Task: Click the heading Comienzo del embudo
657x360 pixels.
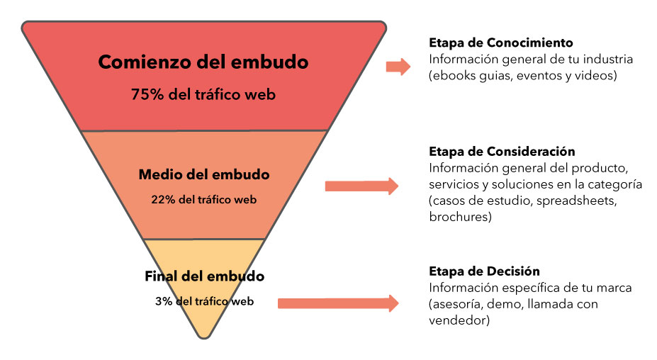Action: coord(203,62)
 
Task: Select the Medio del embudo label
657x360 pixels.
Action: coord(204,174)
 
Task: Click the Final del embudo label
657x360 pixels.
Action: coord(204,276)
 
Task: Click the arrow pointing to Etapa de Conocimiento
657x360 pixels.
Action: coord(398,67)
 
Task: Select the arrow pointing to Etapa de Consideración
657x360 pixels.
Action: coord(361,186)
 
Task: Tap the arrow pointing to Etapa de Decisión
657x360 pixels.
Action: coord(337,303)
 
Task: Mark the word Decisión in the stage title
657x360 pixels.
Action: coord(513,271)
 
